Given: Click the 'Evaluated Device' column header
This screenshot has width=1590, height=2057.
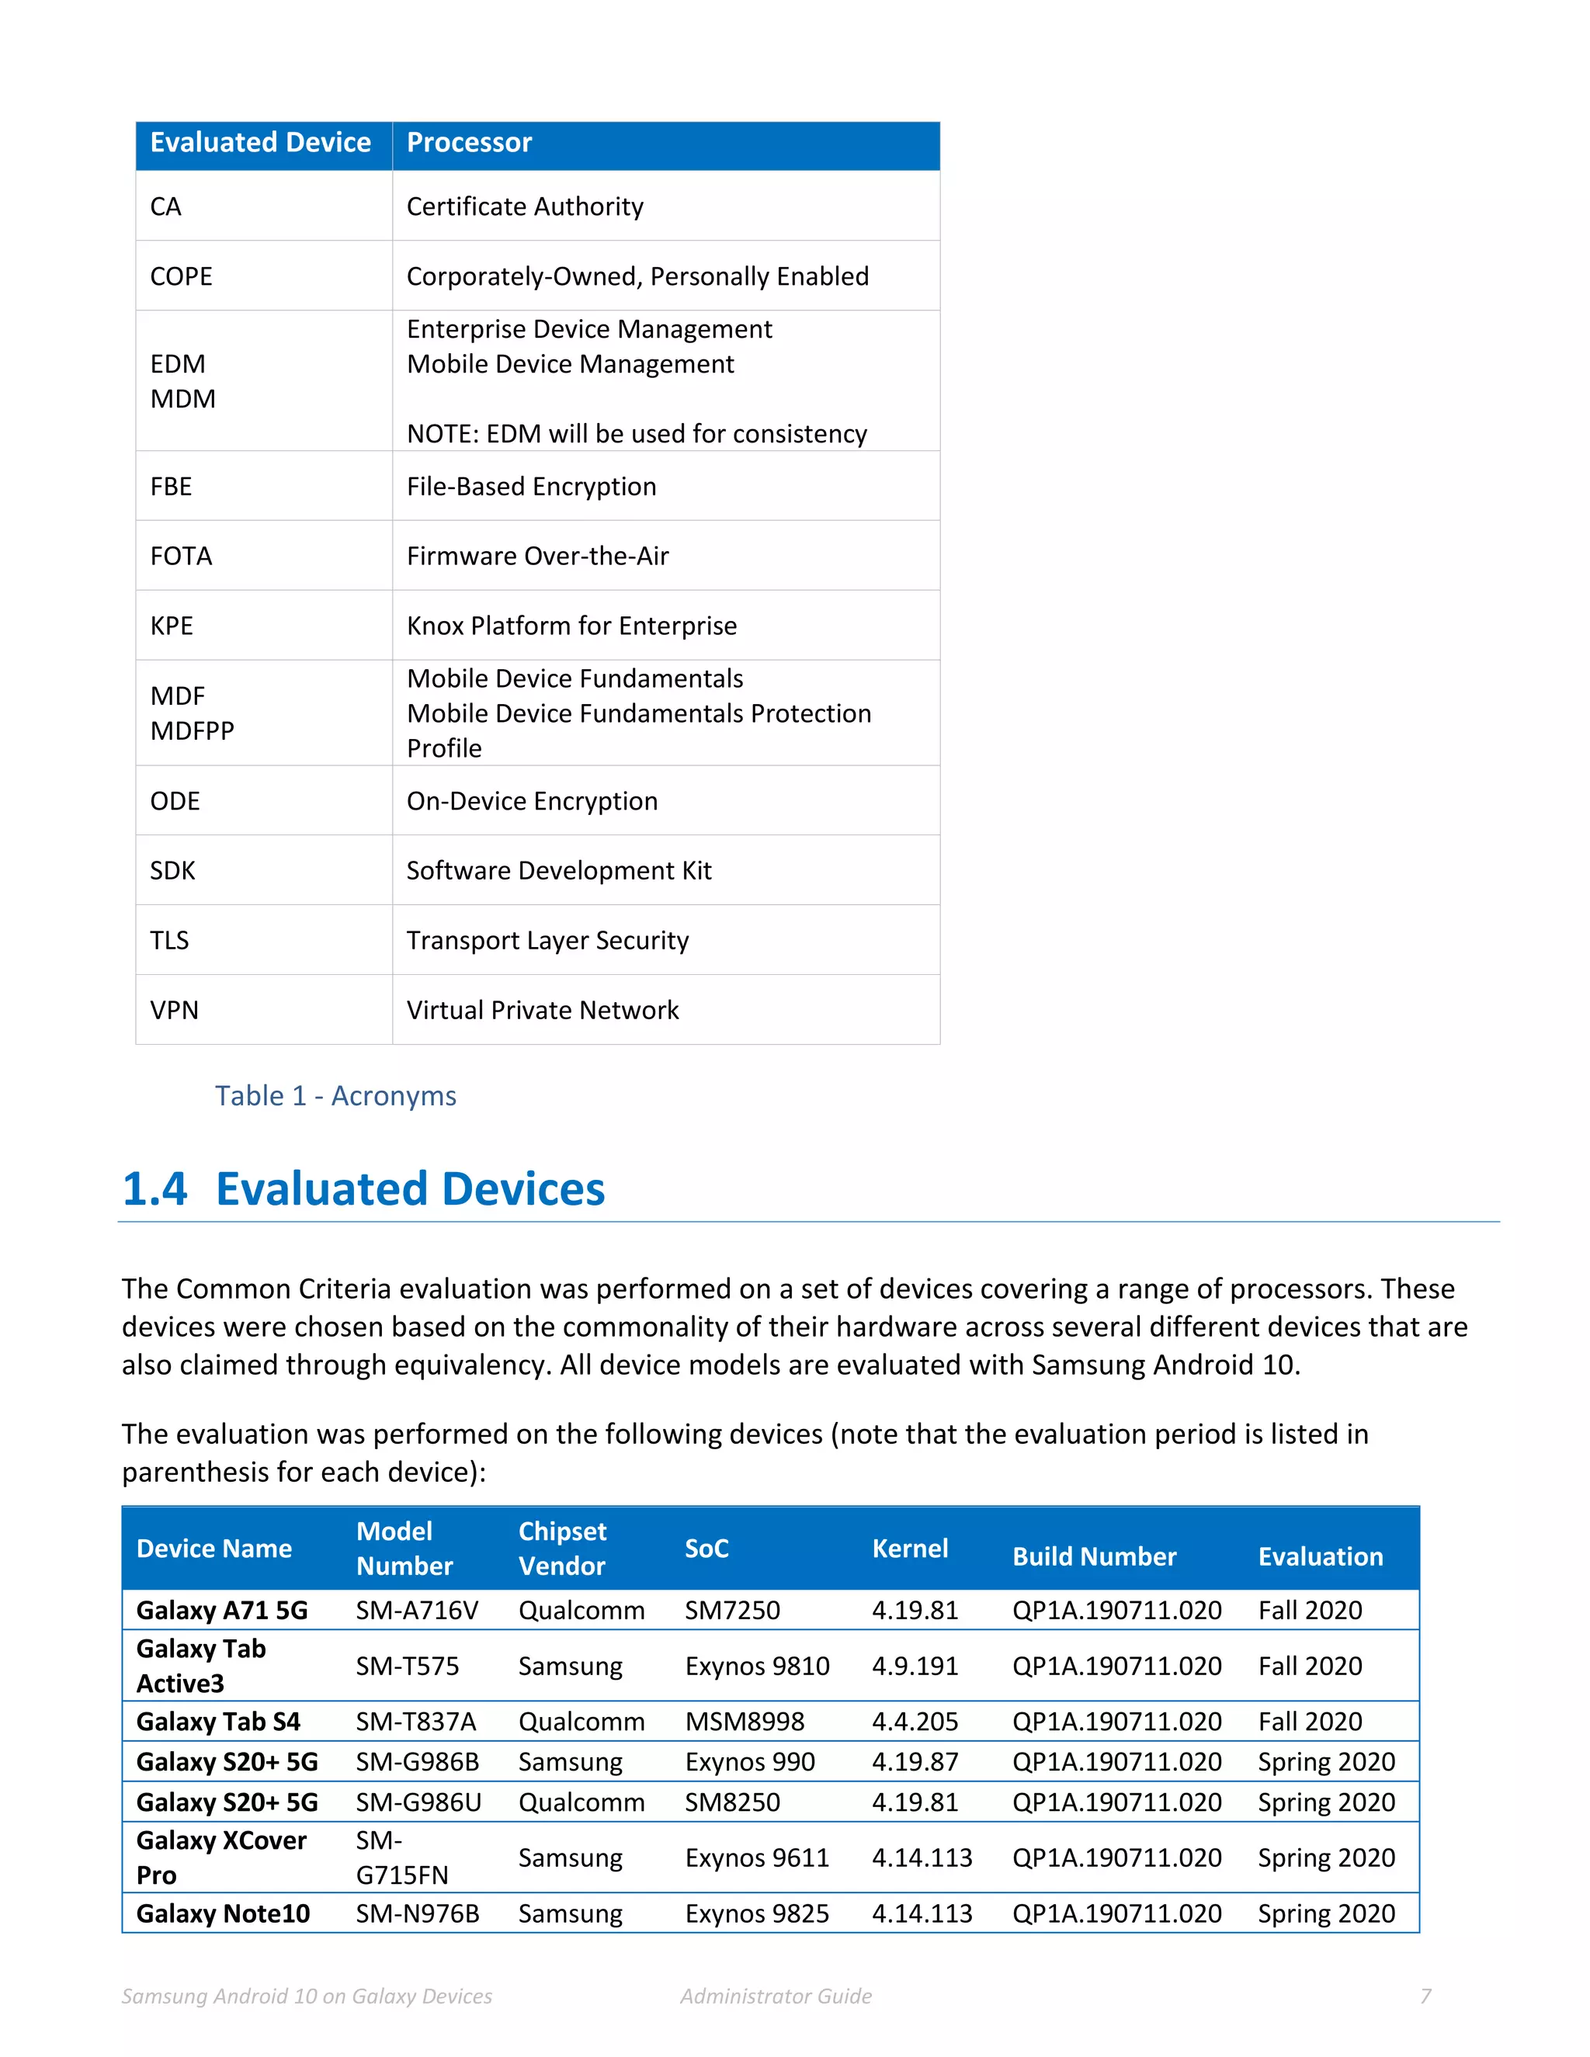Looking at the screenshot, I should (x=260, y=143).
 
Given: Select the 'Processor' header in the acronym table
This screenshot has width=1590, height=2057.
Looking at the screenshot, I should (x=469, y=143).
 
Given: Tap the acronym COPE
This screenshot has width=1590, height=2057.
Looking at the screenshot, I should (x=181, y=277).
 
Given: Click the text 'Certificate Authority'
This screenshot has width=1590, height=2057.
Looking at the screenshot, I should (x=525, y=207).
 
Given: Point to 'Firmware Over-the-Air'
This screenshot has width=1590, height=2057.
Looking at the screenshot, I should (x=537, y=557).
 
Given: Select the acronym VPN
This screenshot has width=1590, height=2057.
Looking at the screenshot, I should (x=174, y=1011).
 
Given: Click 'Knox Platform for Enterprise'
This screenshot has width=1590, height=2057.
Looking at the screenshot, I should (x=571, y=626).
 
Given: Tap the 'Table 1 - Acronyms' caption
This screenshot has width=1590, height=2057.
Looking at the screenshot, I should (x=335, y=1096).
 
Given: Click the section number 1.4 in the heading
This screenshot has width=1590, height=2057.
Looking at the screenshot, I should (x=155, y=1189).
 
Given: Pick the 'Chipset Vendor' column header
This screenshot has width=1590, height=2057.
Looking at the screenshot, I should (x=562, y=1549).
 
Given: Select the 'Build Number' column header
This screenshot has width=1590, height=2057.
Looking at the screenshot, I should (x=1094, y=1557).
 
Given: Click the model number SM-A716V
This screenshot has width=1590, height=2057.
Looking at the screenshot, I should (x=416, y=1611).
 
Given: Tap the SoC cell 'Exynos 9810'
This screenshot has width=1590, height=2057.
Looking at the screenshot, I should (x=756, y=1666).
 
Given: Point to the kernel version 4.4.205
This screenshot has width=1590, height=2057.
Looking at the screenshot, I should (x=914, y=1722).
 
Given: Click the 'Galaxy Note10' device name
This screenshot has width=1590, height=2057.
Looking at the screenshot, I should (x=222, y=1914).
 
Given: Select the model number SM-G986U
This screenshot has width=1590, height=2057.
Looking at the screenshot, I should (x=418, y=1802).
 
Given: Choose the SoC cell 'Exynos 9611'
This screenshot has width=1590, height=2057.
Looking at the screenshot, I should (x=756, y=1858).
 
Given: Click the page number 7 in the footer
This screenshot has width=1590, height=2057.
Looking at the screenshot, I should (x=1425, y=1996).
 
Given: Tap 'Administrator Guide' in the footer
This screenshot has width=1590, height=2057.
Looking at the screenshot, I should (x=776, y=1996).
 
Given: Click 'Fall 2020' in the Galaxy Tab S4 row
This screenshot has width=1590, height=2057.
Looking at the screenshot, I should (x=1309, y=1722).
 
